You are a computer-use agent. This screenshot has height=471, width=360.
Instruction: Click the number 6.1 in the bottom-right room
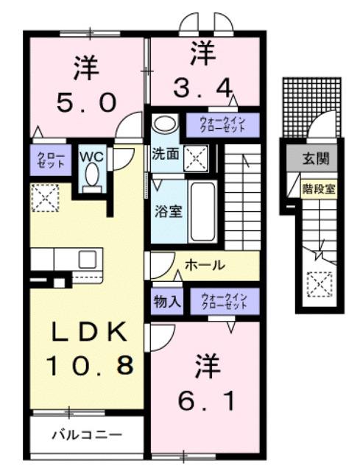click(207, 402)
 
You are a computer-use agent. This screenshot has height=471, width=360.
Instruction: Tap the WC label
click(91, 156)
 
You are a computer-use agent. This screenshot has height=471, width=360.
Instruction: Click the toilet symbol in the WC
click(91, 177)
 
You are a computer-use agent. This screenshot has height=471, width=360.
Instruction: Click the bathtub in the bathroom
click(203, 210)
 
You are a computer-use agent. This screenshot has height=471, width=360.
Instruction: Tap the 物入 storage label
click(166, 300)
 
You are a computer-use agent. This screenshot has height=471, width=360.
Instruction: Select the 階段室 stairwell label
click(318, 188)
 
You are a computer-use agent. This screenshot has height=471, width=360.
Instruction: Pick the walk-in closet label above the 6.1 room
click(225, 300)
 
